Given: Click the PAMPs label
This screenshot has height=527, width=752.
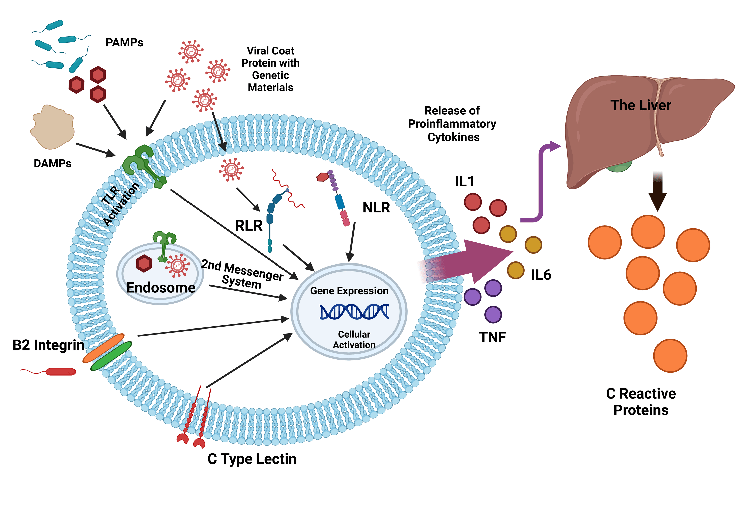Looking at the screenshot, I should pyautogui.click(x=124, y=42).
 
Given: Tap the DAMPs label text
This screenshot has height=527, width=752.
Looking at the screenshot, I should pyautogui.click(x=52, y=163).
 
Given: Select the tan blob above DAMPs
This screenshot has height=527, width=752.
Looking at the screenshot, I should pyautogui.click(x=52, y=126).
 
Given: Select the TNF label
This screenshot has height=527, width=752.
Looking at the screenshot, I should pyautogui.click(x=492, y=337).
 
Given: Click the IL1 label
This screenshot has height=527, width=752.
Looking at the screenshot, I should pyautogui.click(x=464, y=181).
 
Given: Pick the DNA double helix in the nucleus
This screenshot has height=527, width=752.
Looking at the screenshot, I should pyautogui.click(x=354, y=311).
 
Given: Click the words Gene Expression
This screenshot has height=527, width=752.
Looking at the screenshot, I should pyautogui.click(x=349, y=291).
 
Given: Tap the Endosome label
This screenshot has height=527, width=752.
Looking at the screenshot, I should pyautogui.click(x=161, y=288).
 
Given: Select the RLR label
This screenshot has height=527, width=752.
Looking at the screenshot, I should pyautogui.click(x=249, y=226).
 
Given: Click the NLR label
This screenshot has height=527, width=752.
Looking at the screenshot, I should pyautogui.click(x=376, y=208).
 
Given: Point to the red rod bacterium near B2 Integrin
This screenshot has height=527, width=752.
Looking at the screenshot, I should pyautogui.click(x=61, y=372).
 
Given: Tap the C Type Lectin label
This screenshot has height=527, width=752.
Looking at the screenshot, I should pyautogui.click(x=252, y=459).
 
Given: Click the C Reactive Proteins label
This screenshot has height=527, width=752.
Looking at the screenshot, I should pyautogui.click(x=641, y=402).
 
